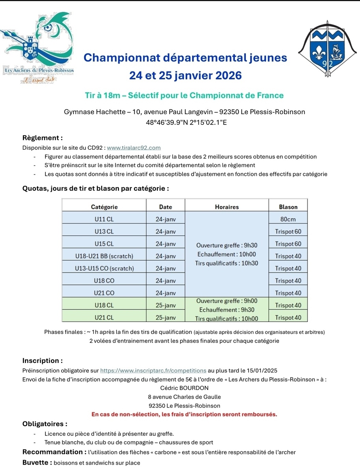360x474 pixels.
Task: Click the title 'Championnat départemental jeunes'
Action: (x=185, y=58)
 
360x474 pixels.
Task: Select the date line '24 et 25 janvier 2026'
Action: (x=185, y=75)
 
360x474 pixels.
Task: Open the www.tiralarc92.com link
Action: (x=134, y=148)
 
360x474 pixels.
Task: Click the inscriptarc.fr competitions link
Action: (x=153, y=371)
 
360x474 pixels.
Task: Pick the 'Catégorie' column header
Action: (x=104, y=207)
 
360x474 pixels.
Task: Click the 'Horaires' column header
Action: (x=227, y=207)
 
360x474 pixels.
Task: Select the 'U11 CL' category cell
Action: (x=104, y=219)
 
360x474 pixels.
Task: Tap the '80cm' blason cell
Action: (x=288, y=219)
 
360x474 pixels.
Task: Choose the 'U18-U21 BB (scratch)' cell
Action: (x=104, y=256)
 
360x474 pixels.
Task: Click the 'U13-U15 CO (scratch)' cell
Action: (x=104, y=268)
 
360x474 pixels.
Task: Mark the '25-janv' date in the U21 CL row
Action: (x=166, y=318)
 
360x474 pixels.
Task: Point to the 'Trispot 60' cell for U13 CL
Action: (x=288, y=231)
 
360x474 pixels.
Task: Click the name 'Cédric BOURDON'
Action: (x=185, y=388)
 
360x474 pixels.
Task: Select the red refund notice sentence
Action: (x=184, y=414)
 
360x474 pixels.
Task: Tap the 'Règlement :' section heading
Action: (x=42, y=138)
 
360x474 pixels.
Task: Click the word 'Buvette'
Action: (x=36, y=463)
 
